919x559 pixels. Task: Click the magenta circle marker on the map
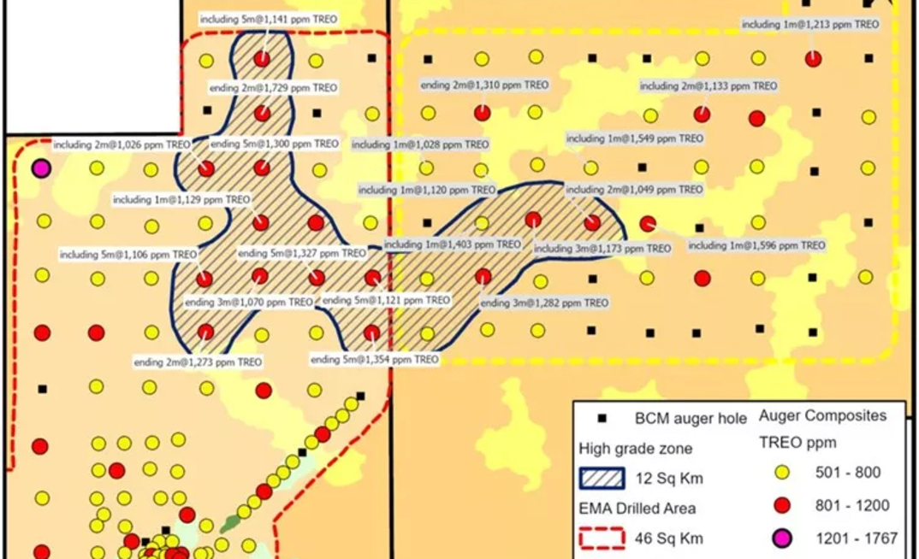(39, 168)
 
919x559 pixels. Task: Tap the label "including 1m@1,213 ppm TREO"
(809, 25)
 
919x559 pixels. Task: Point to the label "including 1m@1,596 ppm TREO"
(756, 245)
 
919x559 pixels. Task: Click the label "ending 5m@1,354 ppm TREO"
(375, 360)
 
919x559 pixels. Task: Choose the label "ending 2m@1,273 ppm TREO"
(199, 362)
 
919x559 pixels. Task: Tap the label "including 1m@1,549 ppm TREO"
(634, 138)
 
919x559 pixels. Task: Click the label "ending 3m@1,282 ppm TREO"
(544, 303)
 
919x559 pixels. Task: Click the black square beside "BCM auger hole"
(602, 419)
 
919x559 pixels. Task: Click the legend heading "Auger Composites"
(822, 416)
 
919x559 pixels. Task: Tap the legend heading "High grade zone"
(636, 448)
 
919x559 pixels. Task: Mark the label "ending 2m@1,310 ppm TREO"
(484, 85)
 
